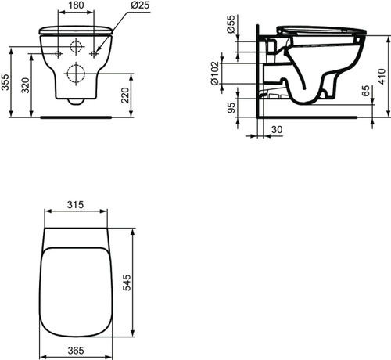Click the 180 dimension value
(76, 5)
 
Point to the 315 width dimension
(76, 205)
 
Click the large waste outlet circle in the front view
(77, 75)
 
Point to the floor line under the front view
(76, 118)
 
